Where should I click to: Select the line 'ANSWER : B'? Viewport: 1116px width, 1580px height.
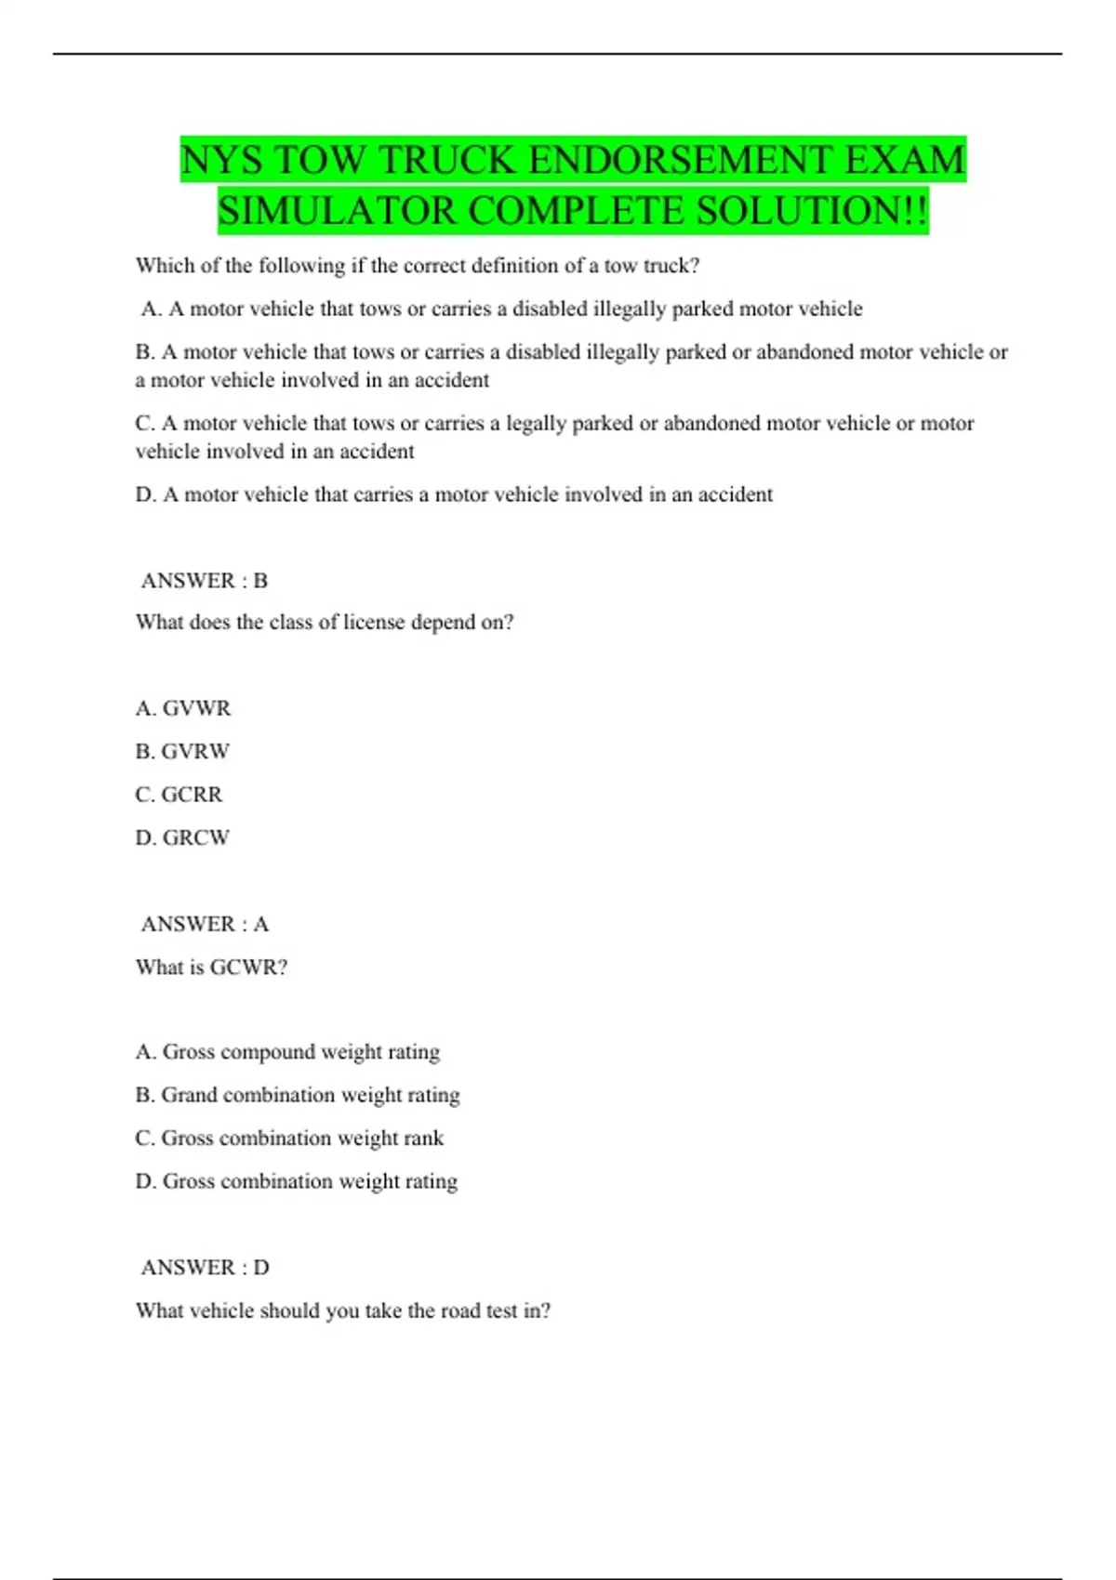[204, 581]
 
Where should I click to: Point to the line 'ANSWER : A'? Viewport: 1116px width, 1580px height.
[204, 924]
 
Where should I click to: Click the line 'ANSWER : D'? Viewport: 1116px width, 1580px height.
[205, 1268]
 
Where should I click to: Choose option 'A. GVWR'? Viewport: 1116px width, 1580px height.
[183, 708]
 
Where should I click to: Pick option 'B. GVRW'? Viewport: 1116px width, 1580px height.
[182, 751]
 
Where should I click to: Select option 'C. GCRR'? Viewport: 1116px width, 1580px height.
[179, 795]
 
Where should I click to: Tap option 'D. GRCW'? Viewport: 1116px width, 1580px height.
[182, 837]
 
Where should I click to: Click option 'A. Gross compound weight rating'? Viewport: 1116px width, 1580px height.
[287, 1052]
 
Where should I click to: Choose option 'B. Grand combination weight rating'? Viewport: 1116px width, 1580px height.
[298, 1095]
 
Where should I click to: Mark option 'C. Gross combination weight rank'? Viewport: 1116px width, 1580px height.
[289, 1139]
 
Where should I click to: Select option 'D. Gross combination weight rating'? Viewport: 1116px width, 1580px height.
[297, 1181]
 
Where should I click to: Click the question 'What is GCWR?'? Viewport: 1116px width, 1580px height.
[212, 968]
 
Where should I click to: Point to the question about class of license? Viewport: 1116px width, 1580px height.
[325, 623]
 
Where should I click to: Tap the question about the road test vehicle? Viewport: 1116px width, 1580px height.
[343, 1310]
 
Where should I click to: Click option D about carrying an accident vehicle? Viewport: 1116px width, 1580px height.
[454, 494]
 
